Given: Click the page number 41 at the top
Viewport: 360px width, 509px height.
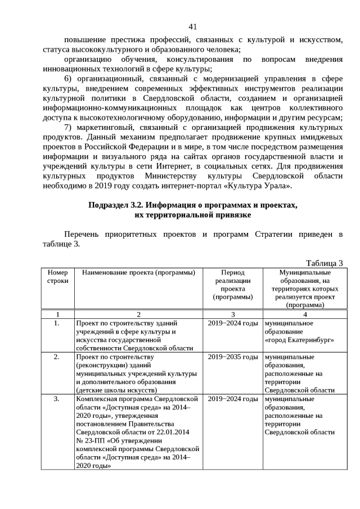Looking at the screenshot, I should [192, 26].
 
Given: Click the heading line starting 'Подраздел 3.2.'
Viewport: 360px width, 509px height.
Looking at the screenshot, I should [192, 206].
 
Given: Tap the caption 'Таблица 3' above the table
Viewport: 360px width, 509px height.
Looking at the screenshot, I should [324, 263].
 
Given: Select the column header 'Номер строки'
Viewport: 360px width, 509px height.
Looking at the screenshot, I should [57, 276].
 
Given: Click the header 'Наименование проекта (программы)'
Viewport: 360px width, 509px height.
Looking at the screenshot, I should [138, 272].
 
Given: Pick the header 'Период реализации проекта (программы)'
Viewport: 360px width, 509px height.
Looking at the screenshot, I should [233, 284].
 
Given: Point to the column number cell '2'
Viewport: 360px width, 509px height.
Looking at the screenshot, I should [138, 314].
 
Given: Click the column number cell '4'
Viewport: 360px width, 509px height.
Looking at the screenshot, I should [304, 314].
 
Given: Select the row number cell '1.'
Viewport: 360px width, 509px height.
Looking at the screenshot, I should [57, 323].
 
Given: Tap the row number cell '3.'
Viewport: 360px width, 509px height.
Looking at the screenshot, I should [57, 399].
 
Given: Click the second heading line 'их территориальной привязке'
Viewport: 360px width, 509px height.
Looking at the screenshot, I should [192, 215].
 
